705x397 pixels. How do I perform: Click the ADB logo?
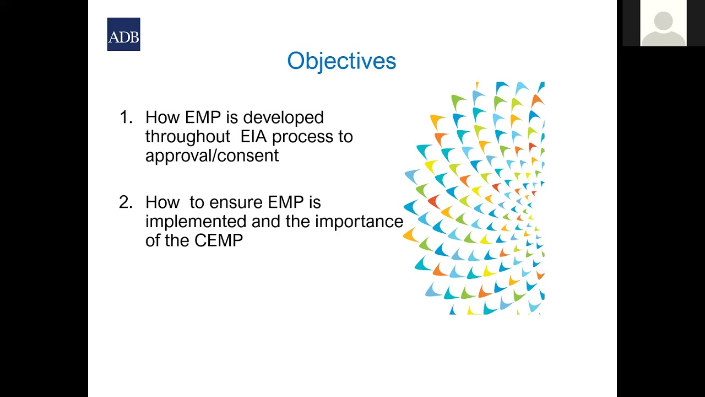pos(123,34)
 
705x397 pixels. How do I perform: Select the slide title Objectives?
pos(341,61)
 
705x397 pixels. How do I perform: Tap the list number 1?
pos(126,117)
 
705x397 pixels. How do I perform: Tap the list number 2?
pos(126,202)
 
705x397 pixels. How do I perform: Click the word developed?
pos(283,117)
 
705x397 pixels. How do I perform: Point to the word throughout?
pos(187,136)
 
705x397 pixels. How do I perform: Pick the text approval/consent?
pos(212,155)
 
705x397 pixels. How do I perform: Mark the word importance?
pos(359,221)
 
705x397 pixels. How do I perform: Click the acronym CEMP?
pos(218,240)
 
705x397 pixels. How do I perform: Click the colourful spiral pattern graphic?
pos(476,198)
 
